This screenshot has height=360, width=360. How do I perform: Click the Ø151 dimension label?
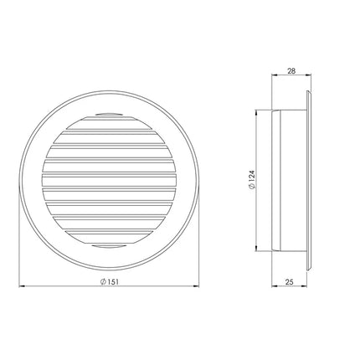[x=110, y=281]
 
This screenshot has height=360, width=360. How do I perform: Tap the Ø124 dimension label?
[x=252, y=180]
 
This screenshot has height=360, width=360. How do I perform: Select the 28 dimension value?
[x=291, y=71]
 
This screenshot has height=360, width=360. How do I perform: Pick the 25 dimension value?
[x=290, y=282]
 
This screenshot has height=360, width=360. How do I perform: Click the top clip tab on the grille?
[x=109, y=114]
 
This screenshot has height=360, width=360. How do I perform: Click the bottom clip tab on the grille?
[x=109, y=246]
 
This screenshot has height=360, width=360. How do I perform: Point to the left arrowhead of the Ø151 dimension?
[x=21, y=286]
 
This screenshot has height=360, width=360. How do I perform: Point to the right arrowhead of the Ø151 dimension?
[x=197, y=286]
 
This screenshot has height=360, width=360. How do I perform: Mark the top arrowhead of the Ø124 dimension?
[x=257, y=111]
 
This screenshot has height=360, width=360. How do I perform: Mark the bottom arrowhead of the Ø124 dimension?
[x=257, y=249]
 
